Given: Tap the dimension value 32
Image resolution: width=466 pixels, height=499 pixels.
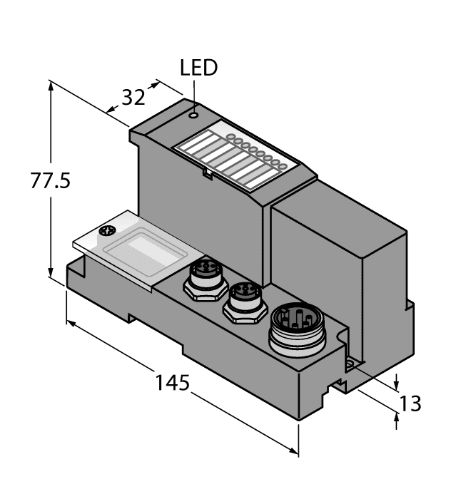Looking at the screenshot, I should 133,97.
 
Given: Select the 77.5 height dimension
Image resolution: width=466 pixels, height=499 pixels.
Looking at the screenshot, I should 50,181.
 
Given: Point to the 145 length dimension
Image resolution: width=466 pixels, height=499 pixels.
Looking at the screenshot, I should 173,383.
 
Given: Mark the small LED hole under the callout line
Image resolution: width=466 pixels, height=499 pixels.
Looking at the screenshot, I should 193,113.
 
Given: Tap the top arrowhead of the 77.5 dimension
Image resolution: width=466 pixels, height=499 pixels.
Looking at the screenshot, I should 51,85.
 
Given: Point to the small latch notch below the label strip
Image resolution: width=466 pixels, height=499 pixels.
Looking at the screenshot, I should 206,172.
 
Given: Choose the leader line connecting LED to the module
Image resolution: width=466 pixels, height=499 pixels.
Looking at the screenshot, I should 193,93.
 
